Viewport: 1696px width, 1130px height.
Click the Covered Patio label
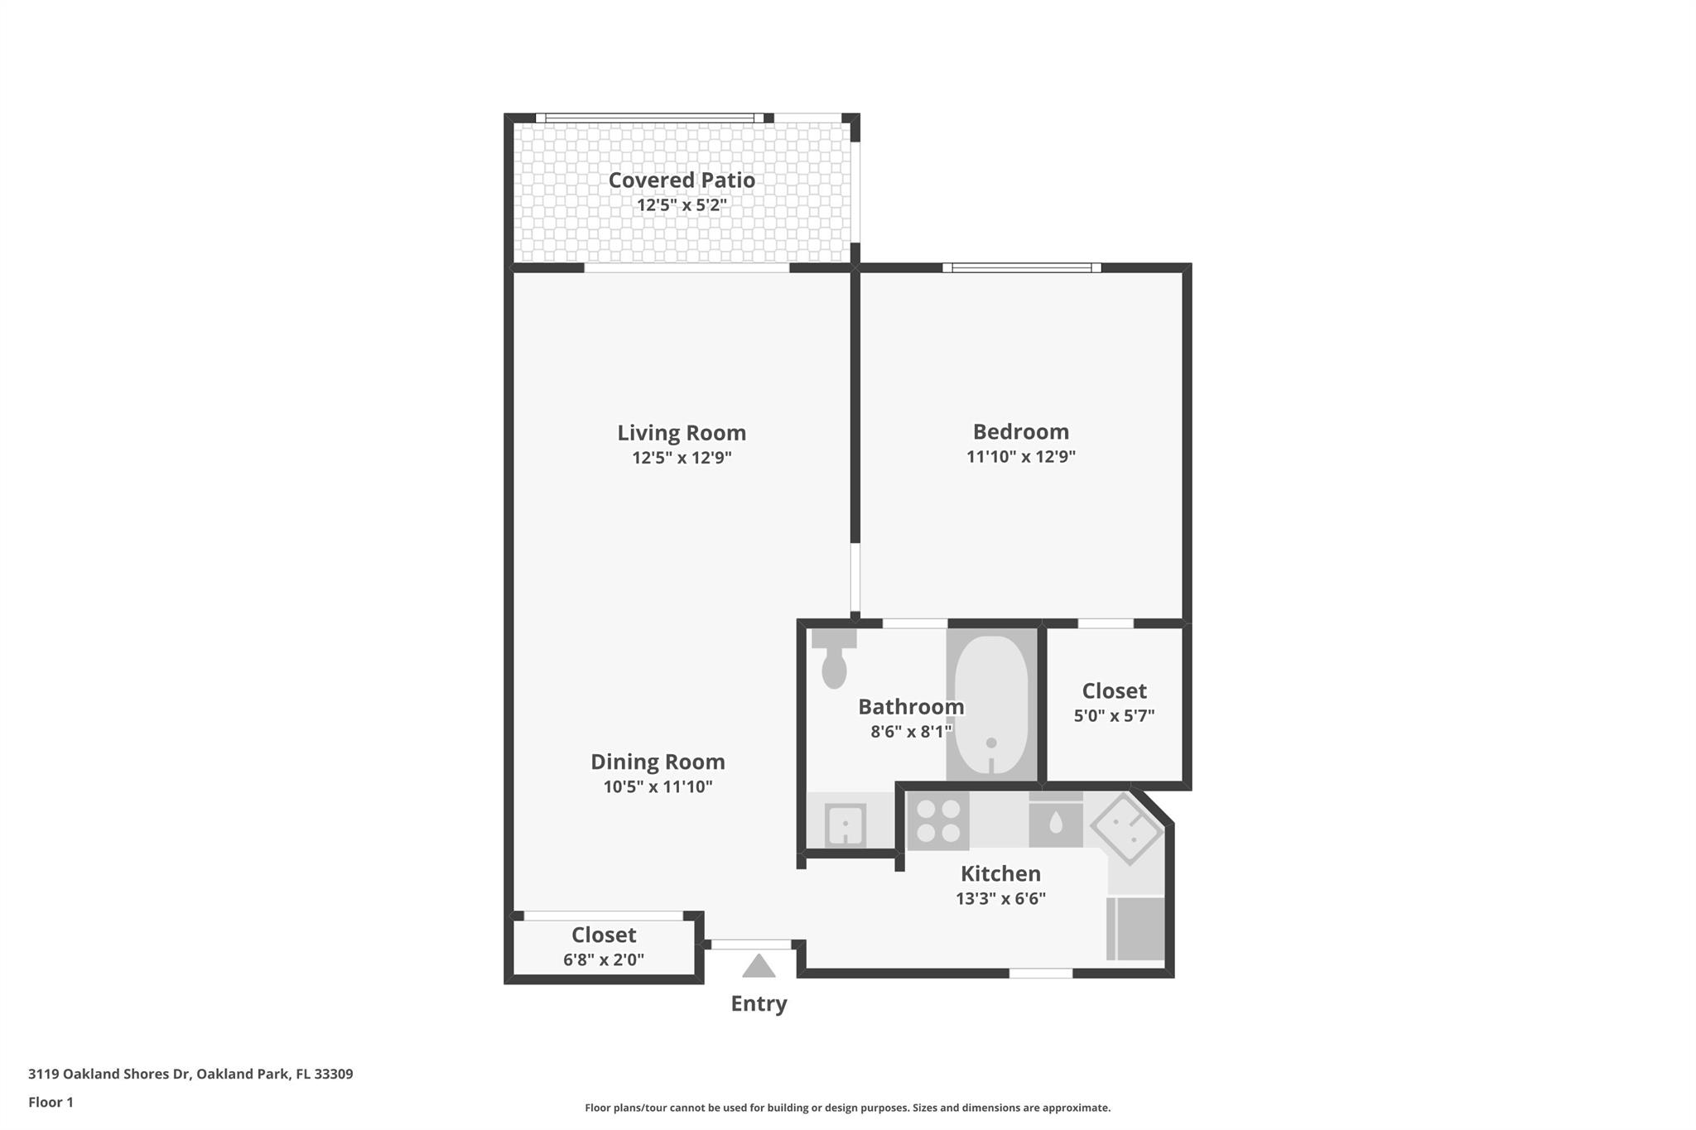(682, 180)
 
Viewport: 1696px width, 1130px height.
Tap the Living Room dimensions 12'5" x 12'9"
(682, 457)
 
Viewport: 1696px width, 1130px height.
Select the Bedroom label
(1020, 431)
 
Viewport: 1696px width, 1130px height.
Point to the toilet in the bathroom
(834, 659)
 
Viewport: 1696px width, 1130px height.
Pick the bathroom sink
(845, 825)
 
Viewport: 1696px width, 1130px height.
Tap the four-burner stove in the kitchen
(937, 820)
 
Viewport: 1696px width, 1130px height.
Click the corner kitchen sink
(1127, 828)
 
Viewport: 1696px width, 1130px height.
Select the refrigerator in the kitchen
(1136, 929)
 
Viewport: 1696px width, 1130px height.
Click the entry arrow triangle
(759, 966)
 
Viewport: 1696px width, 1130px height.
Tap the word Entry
(759, 1003)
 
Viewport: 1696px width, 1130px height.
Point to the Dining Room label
(658, 762)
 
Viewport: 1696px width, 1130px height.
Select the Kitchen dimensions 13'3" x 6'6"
(1000, 898)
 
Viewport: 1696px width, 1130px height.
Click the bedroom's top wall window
(1021, 267)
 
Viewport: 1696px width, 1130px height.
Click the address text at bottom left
(190, 1074)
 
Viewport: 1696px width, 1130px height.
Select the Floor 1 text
(51, 1102)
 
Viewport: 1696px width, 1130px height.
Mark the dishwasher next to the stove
(1055, 823)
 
